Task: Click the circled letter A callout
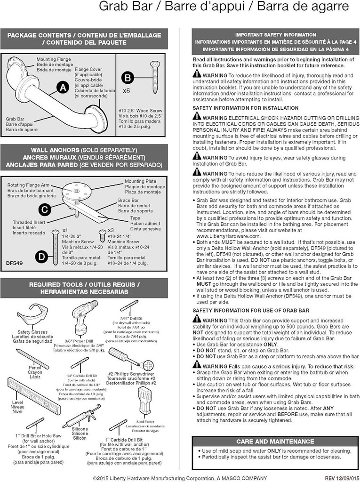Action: [x=62, y=88]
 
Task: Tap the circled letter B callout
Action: [x=128, y=78]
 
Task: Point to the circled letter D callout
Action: [x=42, y=256]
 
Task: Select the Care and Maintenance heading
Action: [x=275, y=442]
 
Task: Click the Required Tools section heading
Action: [x=84, y=288]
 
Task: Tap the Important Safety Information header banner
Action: [x=276, y=42]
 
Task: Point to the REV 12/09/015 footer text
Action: [x=342, y=476]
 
